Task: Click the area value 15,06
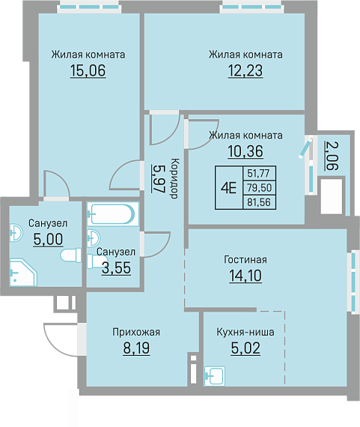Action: (x=88, y=70)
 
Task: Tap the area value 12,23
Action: (x=245, y=70)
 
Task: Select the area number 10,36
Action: (x=245, y=151)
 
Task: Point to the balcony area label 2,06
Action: (x=332, y=156)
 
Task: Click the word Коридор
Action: (x=174, y=178)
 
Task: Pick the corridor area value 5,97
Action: (x=159, y=178)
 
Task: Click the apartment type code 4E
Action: (x=228, y=187)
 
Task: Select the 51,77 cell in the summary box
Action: (x=258, y=173)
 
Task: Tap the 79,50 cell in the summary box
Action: (x=259, y=187)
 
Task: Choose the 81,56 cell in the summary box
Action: (x=259, y=202)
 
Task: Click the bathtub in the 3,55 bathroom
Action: (x=113, y=214)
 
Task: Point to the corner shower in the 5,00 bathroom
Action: (x=23, y=273)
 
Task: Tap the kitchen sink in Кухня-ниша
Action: (x=215, y=376)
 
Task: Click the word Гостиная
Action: (x=245, y=259)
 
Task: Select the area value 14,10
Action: (x=245, y=276)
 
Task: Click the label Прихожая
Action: (x=136, y=332)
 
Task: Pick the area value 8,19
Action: (x=136, y=348)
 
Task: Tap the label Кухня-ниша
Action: (x=245, y=332)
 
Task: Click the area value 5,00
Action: (x=48, y=239)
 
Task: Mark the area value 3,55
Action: (x=116, y=268)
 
